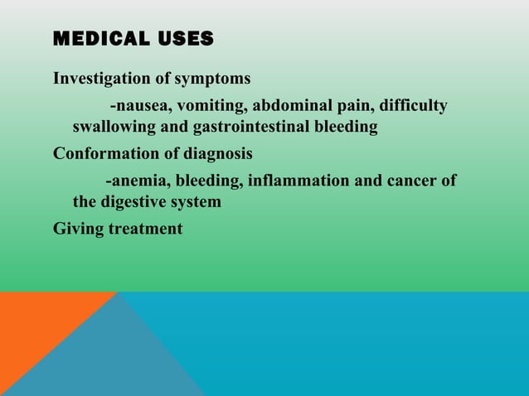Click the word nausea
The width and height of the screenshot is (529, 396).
click(140, 106)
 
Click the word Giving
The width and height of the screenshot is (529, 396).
click(78, 229)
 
